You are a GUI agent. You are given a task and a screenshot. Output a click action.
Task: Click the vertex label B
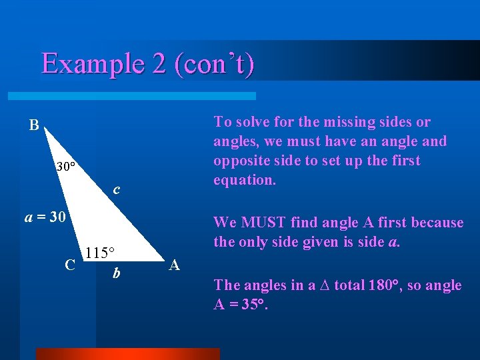tap(34, 125)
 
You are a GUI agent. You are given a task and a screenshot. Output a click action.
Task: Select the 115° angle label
tap(101, 253)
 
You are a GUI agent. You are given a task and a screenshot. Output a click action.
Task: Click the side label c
tap(117, 190)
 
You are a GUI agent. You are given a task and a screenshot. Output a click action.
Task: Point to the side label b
tap(116, 273)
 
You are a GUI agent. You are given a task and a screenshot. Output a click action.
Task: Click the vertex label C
tap(70, 265)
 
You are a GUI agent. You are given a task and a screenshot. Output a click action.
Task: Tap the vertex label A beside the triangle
tap(175, 265)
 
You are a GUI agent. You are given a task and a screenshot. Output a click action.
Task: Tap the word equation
tap(244, 180)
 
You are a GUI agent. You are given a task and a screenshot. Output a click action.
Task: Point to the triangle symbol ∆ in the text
tap(321, 285)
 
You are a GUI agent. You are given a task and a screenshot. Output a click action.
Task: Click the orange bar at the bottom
tap(127, 353)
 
